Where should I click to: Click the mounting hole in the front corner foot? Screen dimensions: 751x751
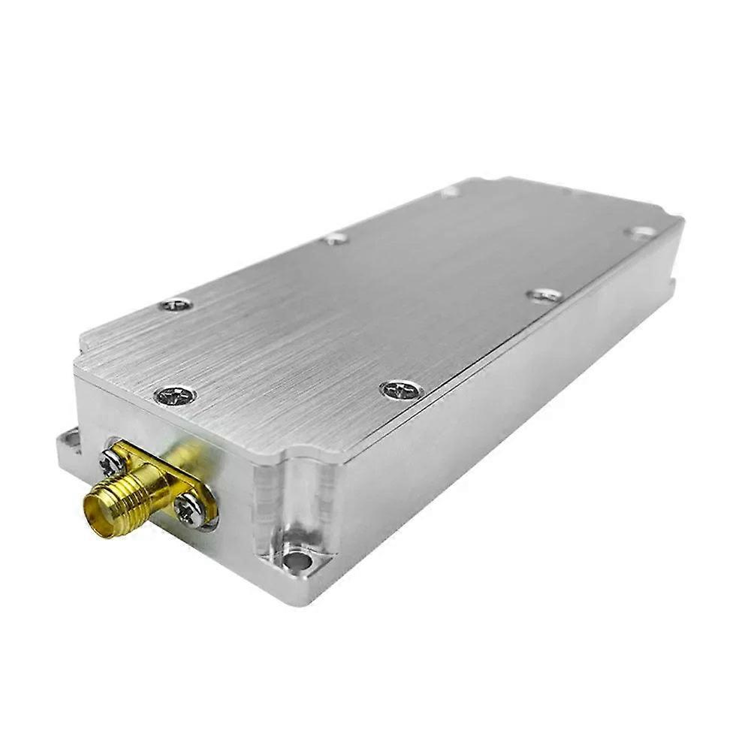[x=297, y=560]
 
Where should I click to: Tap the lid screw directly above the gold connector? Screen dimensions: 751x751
[x=175, y=394]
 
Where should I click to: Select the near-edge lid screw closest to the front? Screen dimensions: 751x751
[x=402, y=390]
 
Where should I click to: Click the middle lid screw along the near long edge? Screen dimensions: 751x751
[x=544, y=295]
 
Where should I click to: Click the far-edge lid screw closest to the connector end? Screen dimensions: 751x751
[x=177, y=305]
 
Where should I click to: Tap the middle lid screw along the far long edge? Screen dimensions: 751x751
[x=336, y=239]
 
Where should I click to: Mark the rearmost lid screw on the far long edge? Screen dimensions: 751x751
[x=451, y=192]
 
